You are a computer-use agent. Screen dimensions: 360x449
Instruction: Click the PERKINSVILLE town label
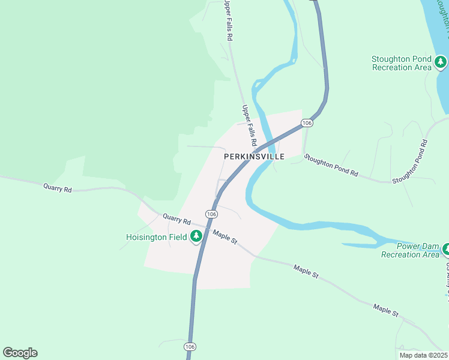point(254,156)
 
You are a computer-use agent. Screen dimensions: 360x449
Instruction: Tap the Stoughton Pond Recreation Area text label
point(402,63)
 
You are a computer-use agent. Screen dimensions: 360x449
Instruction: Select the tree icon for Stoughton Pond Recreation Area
point(441,61)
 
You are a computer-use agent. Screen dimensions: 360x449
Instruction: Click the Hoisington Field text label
point(156,237)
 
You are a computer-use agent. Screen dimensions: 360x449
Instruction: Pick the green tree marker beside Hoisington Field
point(196,237)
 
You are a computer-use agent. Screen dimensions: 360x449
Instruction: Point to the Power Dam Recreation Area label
point(410,251)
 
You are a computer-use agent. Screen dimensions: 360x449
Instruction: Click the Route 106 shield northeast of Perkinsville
point(307,123)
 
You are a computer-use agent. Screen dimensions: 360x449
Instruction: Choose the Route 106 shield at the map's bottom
point(189,347)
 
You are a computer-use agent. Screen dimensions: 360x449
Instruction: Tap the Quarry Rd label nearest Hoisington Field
point(176,221)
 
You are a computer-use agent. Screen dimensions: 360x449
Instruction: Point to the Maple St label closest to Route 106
point(225,237)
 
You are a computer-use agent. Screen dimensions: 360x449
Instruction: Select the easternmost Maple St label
point(385,310)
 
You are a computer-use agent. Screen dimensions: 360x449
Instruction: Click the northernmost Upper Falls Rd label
point(228,20)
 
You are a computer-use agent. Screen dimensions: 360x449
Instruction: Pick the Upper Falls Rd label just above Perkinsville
point(249,127)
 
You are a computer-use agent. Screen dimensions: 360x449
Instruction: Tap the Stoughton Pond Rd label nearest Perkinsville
point(331,165)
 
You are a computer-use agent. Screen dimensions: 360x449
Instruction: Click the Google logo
point(20,353)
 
